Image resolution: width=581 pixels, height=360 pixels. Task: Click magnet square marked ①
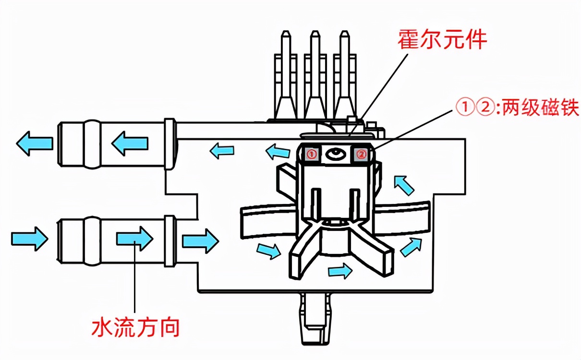click(x=311, y=154)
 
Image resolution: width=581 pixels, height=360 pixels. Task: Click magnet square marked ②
click(x=362, y=154)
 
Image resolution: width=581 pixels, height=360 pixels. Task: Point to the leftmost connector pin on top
click(x=285, y=72)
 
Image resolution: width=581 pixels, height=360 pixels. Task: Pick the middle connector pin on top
click(x=315, y=72)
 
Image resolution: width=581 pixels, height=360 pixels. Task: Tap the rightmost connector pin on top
click(x=344, y=72)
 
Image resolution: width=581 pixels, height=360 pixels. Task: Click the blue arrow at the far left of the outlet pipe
click(x=34, y=143)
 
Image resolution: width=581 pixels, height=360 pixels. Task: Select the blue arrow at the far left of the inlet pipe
click(x=29, y=238)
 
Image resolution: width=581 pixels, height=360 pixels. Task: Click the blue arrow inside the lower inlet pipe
click(x=135, y=238)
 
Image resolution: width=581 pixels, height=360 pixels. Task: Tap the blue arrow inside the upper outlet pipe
click(x=130, y=143)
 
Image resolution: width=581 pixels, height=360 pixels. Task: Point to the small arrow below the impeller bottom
click(x=340, y=271)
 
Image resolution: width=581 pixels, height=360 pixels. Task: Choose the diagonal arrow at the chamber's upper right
click(x=403, y=185)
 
